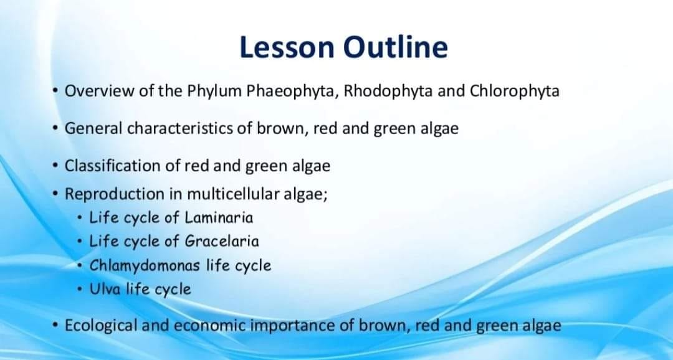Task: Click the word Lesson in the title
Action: pos(286,47)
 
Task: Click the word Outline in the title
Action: pos(396,47)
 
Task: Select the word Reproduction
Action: pos(114,194)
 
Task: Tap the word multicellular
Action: pos(233,194)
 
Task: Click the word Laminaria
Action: pos(219,217)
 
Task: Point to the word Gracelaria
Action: pos(222,241)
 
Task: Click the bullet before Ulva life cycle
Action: pos(80,290)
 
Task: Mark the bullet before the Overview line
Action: pos(54,91)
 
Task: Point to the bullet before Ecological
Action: pos(54,325)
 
